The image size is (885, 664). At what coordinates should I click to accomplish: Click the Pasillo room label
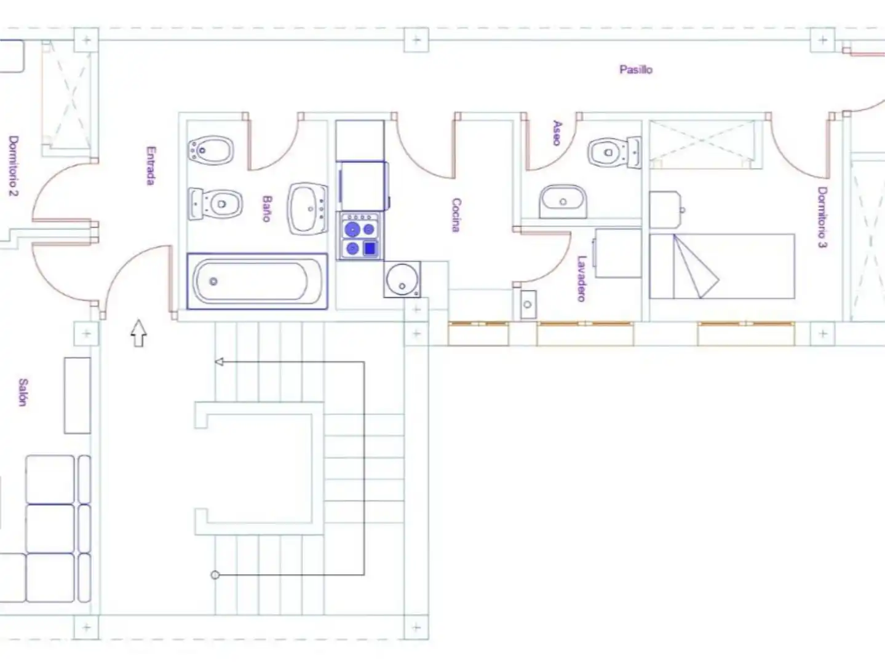pos(636,69)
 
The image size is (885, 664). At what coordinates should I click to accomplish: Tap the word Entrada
pos(151,165)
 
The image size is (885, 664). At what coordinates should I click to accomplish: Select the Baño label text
pos(266,208)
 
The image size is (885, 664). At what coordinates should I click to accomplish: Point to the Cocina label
pos(456,215)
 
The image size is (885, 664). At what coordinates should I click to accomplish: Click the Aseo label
pos(557,133)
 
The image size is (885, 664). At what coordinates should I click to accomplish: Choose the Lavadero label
pos(581,279)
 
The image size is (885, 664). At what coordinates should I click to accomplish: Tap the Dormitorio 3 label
pos(822,217)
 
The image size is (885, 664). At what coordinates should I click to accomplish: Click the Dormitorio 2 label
pos(14,166)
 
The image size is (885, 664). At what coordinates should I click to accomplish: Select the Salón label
pos(23,392)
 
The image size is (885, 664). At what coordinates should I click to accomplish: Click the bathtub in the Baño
pos(257,281)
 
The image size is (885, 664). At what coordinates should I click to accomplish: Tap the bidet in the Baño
pos(211,150)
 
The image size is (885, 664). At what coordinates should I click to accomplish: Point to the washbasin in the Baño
pos(308,208)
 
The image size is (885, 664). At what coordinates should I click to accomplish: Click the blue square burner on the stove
pos(370,248)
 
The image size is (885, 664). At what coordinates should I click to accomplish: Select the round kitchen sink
pos(402,279)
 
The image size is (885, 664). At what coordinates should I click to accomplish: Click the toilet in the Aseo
pos(614,152)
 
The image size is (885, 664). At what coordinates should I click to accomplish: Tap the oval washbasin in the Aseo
pos(563,201)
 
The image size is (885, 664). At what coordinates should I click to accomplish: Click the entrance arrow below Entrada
pos(138,333)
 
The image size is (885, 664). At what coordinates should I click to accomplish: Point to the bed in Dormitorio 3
pos(721,266)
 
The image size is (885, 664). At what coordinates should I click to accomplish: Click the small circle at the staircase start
pos(215,575)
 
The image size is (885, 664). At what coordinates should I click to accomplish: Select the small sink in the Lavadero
pos(528,304)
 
